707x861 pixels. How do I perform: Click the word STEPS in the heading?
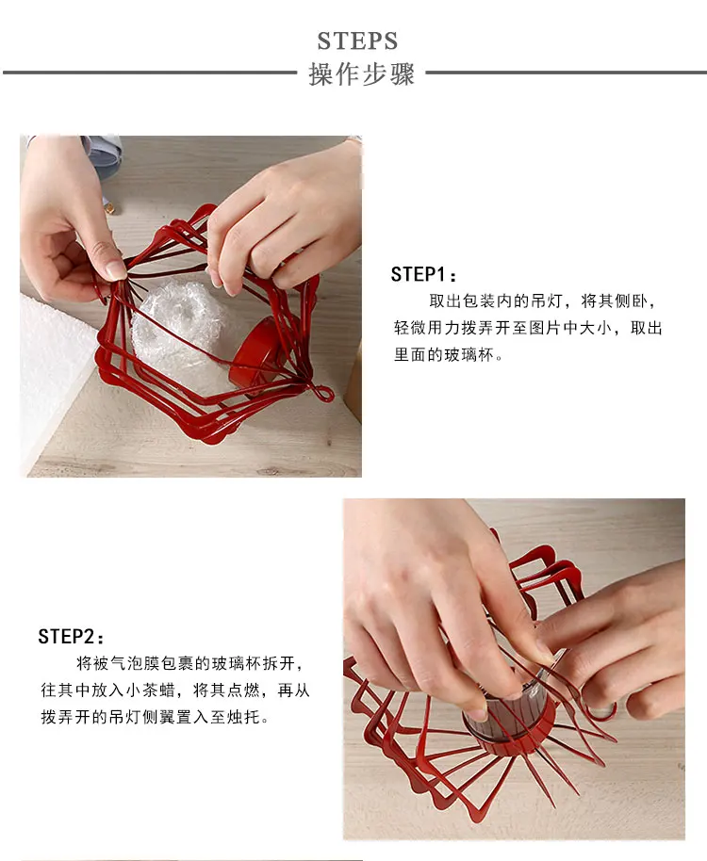point(357,41)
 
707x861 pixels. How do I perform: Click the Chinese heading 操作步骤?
point(361,74)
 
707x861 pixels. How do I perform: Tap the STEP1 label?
point(423,274)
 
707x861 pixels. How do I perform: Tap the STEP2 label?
point(71,637)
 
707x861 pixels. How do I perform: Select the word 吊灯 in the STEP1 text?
point(547,301)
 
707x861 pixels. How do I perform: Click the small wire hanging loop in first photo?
point(323,394)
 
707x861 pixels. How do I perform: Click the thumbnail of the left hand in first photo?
point(116,269)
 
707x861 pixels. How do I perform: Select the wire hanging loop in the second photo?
point(601,709)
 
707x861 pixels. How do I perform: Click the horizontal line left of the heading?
point(150,72)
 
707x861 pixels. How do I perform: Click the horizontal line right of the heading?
point(566,72)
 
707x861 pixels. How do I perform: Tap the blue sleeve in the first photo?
point(104,156)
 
